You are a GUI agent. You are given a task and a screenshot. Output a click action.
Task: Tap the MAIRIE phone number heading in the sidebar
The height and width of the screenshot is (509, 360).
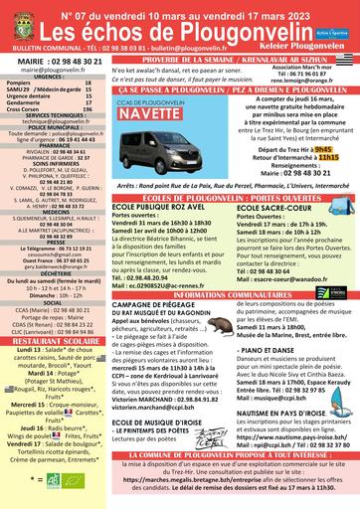coord(53,62)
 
